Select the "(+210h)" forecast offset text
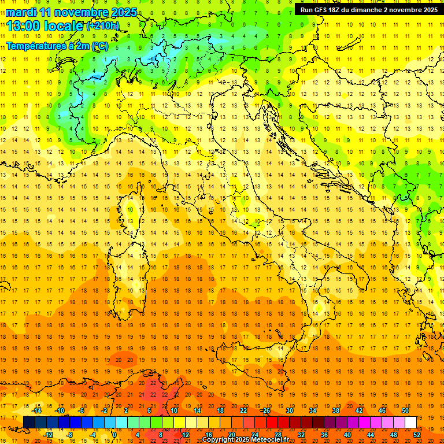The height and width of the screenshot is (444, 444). pos(103,25)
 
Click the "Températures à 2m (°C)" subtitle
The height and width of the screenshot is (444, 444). pos(57,46)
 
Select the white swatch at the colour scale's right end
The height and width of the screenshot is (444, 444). pos(410,422)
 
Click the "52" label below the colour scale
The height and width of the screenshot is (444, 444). pos(417,434)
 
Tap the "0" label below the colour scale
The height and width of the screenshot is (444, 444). pos(114,434)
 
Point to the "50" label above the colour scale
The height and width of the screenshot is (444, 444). pos(405,410)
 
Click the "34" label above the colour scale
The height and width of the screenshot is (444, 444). pos(312,410)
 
